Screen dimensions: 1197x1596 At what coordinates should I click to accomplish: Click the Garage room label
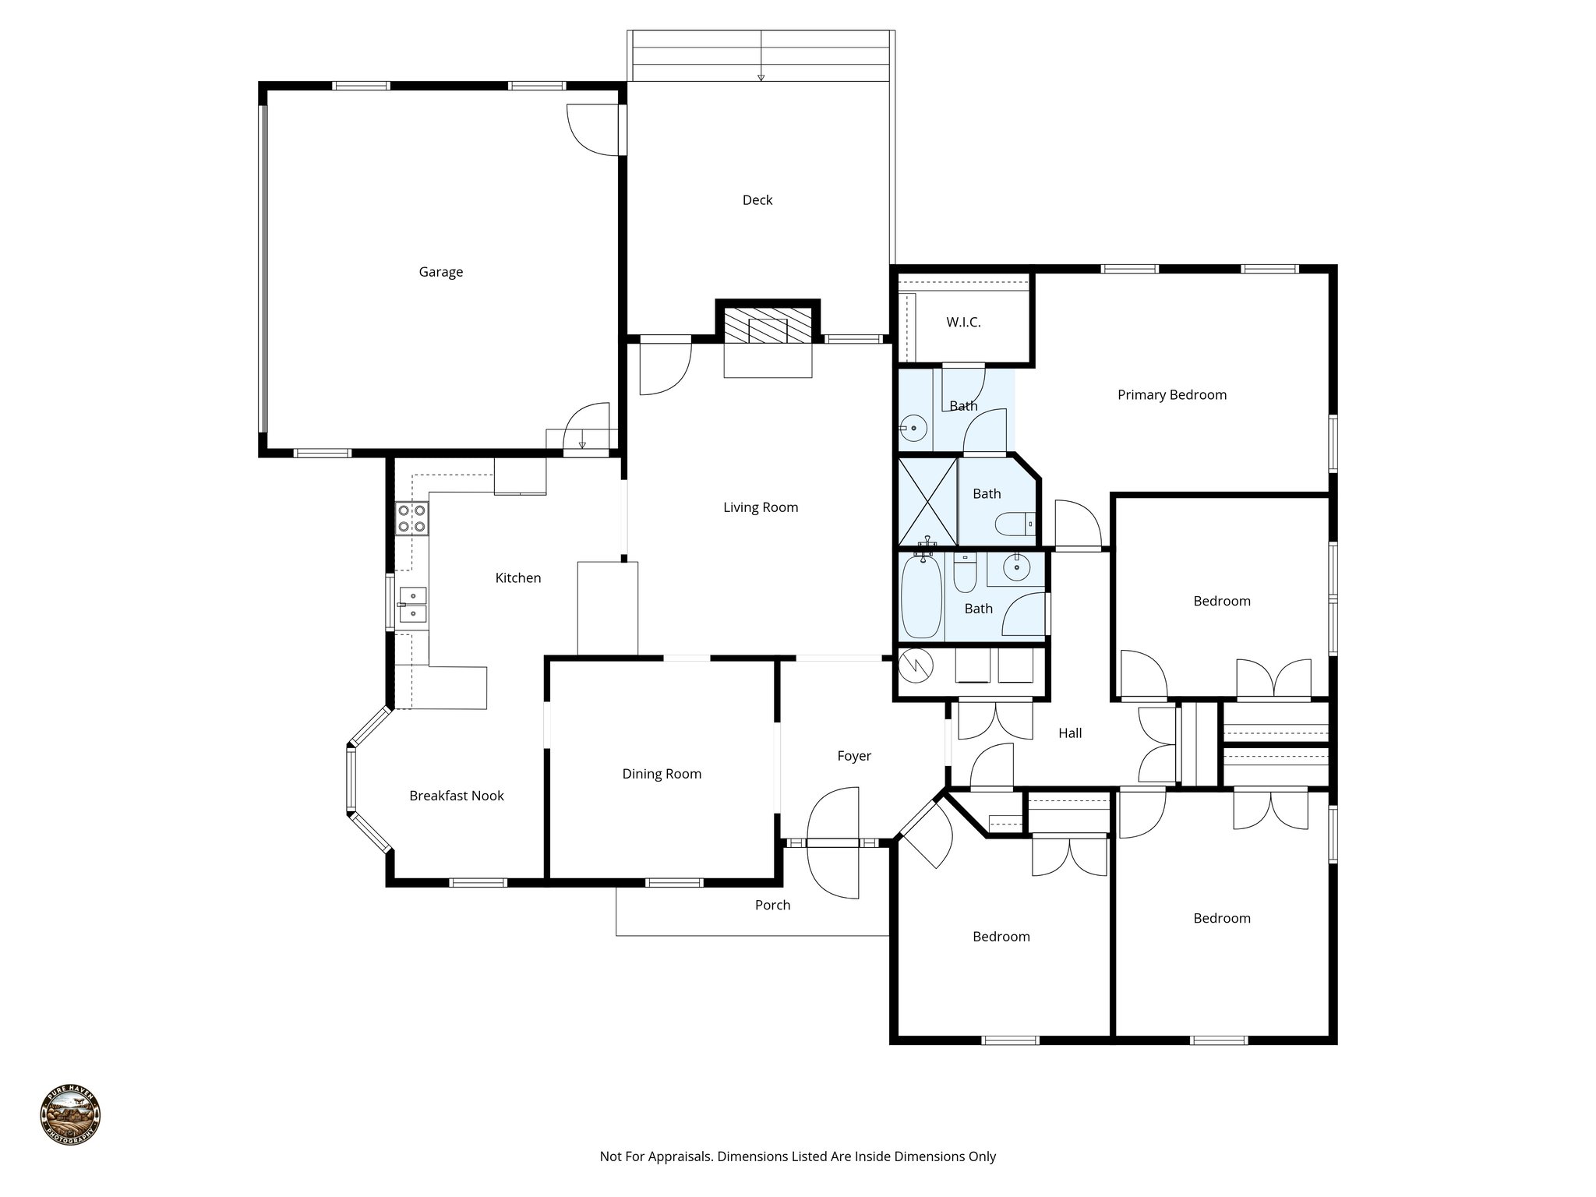pos(440,272)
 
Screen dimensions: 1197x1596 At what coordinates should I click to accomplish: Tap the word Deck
pos(757,200)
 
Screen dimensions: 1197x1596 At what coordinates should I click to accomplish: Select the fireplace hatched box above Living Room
pos(768,324)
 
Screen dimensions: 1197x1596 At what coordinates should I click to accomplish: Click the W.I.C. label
pos(963,322)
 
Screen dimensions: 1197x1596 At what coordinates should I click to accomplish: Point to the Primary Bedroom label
pos(1171,395)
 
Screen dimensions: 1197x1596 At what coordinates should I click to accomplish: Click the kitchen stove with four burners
pos(411,518)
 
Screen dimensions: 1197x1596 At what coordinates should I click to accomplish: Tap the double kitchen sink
pos(412,605)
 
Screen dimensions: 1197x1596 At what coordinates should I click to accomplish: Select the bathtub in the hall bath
pos(921,597)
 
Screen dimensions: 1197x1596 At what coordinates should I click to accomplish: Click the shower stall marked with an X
pos(927,502)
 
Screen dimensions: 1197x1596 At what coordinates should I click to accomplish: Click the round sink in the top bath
pos(913,428)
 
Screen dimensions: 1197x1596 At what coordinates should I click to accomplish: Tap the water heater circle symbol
pos(916,665)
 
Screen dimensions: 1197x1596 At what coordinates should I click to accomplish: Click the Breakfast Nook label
pos(457,796)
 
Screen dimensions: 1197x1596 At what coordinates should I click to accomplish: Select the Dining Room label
pos(662,774)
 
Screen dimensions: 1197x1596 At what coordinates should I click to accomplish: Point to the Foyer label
pos(854,756)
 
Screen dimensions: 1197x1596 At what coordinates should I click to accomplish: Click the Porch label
pos(772,905)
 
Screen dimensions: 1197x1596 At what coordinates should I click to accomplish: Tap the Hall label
pos(1070,733)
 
